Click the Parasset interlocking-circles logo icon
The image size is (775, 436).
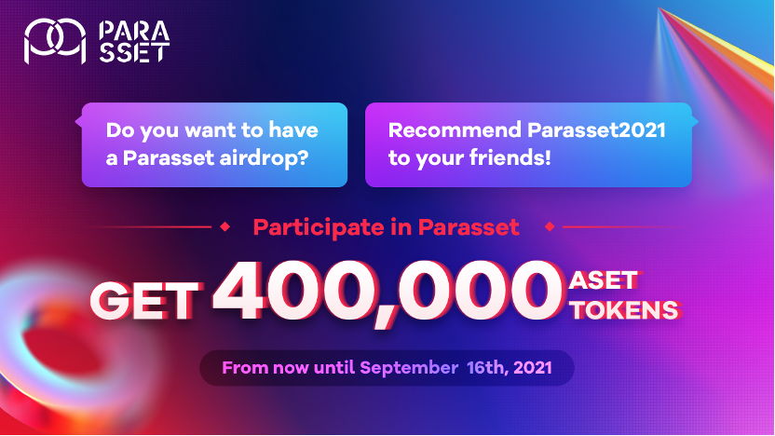point(55,41)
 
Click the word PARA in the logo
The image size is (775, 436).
point(134,31)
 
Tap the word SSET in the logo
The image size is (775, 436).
point(134,52)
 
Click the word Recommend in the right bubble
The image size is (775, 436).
point(455,130)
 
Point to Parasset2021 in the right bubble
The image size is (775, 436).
point(596,130)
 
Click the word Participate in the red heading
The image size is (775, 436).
point(319,228)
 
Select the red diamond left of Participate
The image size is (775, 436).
point(224,227)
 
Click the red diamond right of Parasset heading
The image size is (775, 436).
point(550,227)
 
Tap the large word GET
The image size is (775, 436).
point(144,301)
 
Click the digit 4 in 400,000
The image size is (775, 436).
point(242,291)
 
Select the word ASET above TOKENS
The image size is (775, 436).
point(603,280)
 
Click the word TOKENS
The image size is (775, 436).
point(625,310)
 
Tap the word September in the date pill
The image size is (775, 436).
point(409,368)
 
